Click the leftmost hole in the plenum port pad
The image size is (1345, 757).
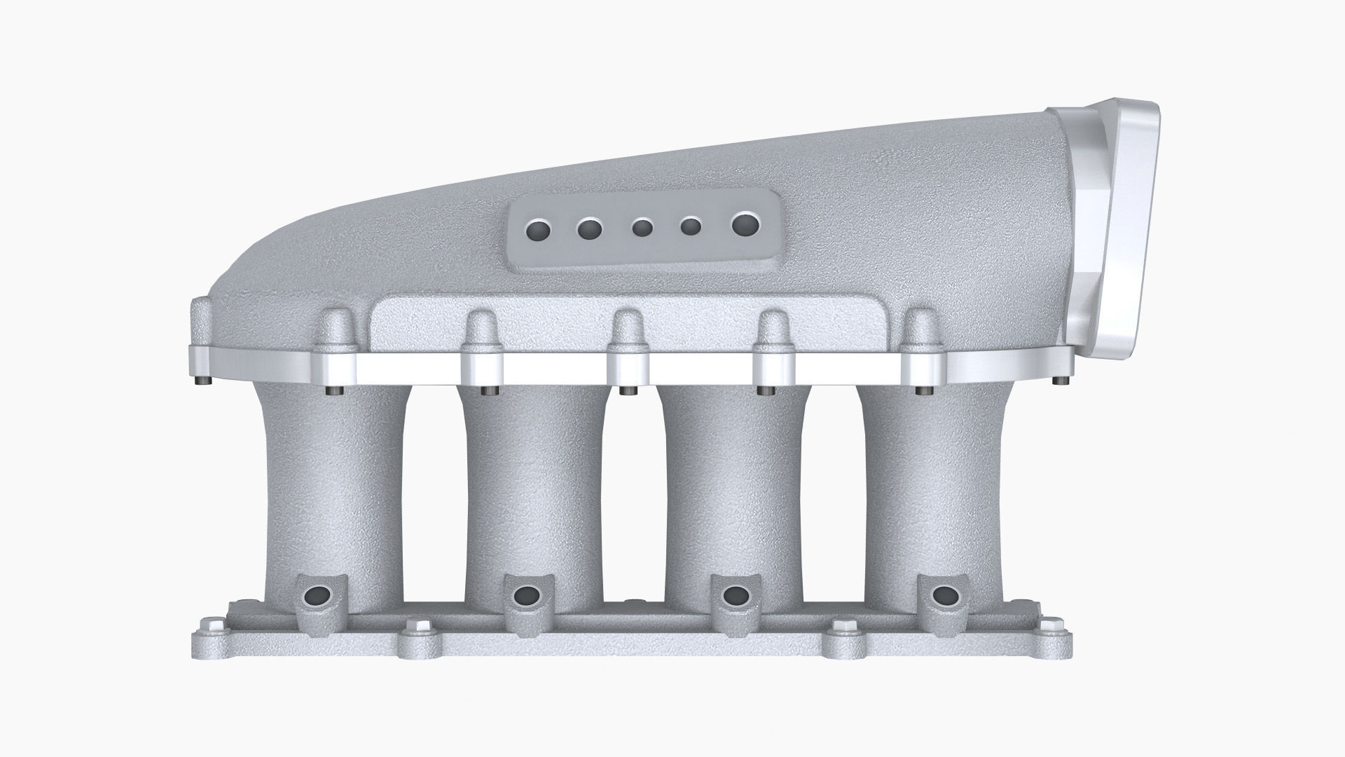540,229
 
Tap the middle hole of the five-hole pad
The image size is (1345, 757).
642,228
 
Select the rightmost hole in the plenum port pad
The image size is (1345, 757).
745,224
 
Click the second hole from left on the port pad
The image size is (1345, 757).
590,229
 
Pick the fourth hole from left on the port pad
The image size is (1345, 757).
691,226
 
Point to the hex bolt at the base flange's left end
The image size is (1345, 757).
208,624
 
